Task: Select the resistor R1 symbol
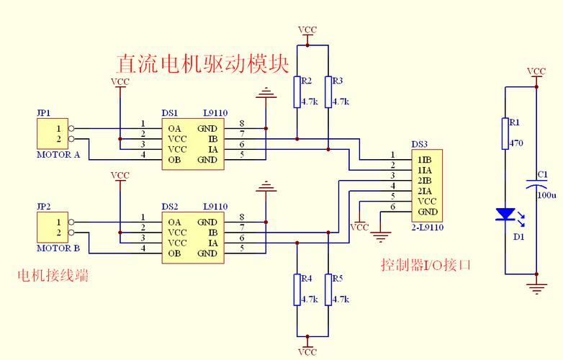[x=505, y=133]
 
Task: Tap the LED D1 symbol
[x=505, y=214]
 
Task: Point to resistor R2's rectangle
[x=296, y=92]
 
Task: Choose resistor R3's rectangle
[x=328, y=92]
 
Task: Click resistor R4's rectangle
[x=296, y=289]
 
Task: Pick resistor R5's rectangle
[x=328, y=289]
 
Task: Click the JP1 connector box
[x=51, y=134]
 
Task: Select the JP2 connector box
[x=51, y=228]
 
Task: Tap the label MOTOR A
[x=58, y=155]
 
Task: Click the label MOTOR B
[x=58, y=249]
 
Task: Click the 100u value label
[x=547, y=195]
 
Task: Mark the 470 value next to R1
[x=516, y=143]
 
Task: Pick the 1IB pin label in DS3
[x=425, y=158]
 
